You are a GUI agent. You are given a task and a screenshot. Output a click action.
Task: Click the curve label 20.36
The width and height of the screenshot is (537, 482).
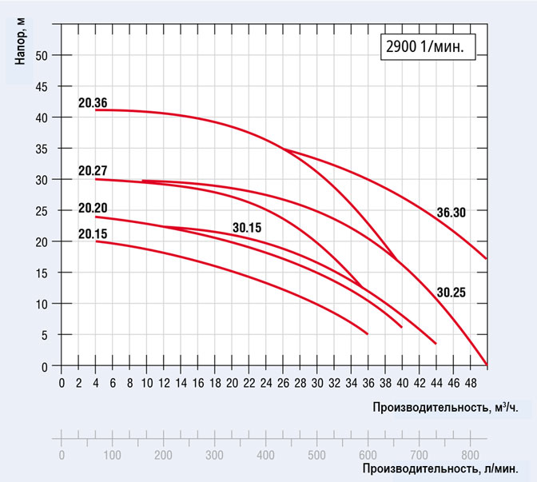tap(93, 102)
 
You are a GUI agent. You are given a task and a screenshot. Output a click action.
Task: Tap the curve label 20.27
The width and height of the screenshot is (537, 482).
tap(93, 170)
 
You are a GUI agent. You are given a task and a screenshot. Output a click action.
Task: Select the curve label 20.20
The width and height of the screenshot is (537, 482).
tap(93, 209)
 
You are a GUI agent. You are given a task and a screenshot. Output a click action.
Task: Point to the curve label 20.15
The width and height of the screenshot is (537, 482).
tap(93, 233)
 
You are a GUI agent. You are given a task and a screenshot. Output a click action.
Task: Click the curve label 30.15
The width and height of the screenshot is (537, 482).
tap(248, 227)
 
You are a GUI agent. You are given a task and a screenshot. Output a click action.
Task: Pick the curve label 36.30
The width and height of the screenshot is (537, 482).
tap(451, 213)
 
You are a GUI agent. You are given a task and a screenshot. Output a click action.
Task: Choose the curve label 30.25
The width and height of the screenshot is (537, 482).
tap(451, 293)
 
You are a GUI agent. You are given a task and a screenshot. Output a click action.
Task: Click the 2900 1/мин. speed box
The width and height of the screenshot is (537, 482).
tap(424, 46)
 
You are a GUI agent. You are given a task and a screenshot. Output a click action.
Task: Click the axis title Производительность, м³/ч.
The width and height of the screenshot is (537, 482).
tap(439, 408)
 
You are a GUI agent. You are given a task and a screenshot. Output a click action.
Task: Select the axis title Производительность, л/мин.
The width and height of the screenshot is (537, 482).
tap(444, 468)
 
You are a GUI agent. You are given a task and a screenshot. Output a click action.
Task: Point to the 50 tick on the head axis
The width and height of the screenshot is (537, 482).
tap(43, 55)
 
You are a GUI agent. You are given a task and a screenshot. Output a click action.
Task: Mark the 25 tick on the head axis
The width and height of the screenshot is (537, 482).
tap(43, 211)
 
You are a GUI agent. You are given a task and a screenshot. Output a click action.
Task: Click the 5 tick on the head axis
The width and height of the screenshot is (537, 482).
tap(46, 336)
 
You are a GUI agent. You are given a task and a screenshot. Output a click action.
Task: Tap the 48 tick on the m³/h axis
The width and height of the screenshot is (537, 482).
tap(469, 381)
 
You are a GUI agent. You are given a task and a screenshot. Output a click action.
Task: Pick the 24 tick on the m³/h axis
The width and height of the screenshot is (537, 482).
tap(265, 381)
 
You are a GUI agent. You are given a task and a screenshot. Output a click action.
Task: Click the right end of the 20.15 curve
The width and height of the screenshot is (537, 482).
tap(368, 333)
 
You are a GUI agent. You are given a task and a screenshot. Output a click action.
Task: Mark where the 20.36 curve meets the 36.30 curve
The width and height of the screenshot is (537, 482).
tap(283, 148)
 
